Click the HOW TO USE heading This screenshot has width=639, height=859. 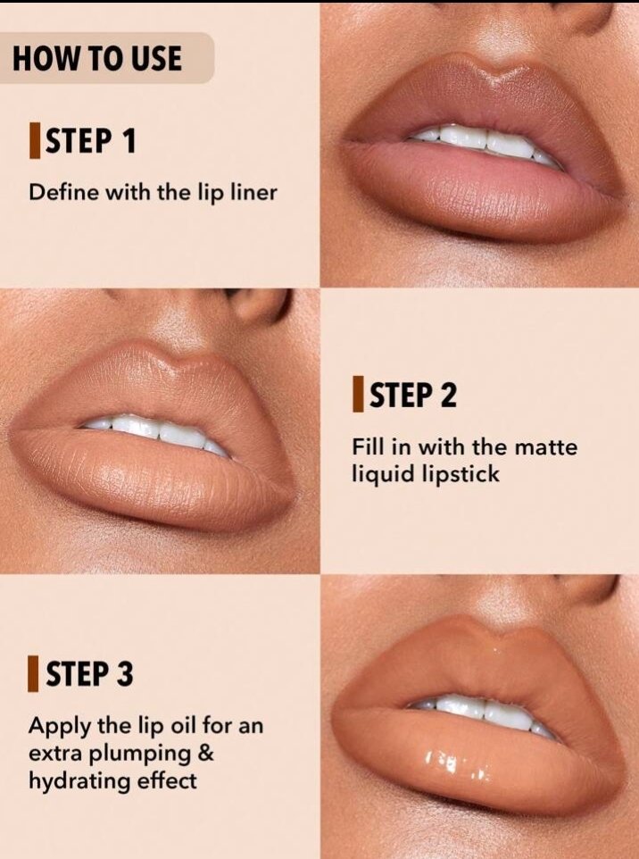(97, 59)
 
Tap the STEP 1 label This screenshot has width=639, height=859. (90, 141)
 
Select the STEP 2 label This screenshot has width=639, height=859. (413, 395)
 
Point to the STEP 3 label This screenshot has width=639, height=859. (89, 673)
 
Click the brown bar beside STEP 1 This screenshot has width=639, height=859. (35, 141)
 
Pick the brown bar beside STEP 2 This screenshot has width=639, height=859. (358, 394)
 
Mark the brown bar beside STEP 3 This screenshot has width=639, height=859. (33, 673)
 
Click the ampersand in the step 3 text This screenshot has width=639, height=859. (203, 754)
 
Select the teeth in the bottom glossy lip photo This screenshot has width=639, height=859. (482, 713)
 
